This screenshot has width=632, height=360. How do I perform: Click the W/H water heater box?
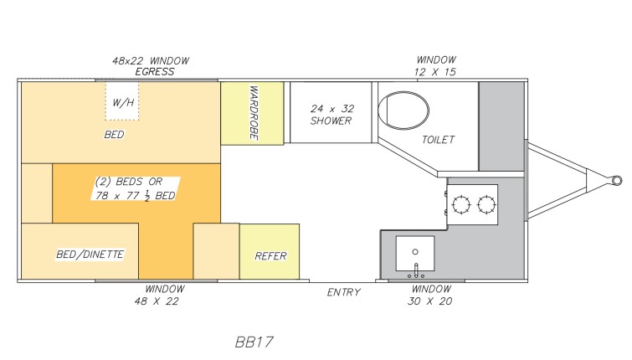122,101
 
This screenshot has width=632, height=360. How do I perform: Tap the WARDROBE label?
254,112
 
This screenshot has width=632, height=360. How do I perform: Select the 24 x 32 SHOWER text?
331,115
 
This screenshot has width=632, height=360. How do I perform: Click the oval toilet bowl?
403,110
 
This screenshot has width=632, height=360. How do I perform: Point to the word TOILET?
438,140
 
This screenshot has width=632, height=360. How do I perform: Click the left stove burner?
461,204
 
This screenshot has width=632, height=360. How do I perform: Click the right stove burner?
486,204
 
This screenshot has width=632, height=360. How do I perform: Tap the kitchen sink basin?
414,253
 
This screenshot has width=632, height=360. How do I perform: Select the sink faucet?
416,271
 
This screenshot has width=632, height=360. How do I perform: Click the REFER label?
270,256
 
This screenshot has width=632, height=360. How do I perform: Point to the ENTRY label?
343,292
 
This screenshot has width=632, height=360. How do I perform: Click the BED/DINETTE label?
90,255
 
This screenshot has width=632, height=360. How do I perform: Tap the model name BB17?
254,342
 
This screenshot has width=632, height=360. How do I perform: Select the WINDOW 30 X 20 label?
430,295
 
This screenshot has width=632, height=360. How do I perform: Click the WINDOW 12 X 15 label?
435,66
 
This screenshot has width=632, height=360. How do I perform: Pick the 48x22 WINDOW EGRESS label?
151,66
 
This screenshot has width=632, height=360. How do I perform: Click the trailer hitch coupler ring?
617,180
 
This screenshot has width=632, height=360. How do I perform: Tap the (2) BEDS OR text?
129,182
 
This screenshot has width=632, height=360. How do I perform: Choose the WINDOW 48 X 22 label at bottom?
157,295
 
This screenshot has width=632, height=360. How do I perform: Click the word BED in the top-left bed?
114,135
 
